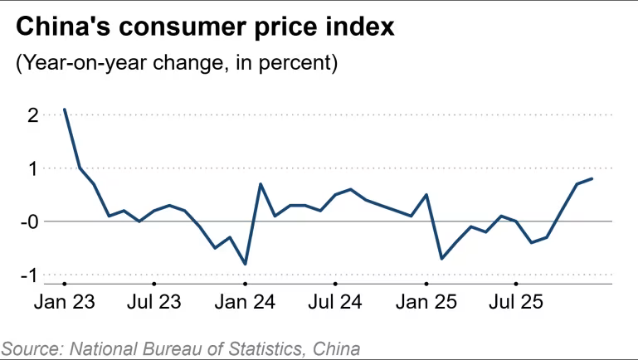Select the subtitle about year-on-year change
pos(177,63)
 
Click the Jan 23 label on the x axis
pos(64,303)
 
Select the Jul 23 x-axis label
pos(154,303)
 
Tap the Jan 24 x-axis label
pos(246,303)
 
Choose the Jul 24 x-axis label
pos(335,303)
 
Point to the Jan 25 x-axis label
pos(426,303)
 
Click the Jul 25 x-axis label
pos(516,303)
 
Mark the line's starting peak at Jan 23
pos(65,109)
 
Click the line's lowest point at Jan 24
pos(246,264)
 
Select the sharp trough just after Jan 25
pos(441,258)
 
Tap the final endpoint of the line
pos(592,178)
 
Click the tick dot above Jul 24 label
pos(335,284)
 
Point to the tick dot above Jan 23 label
pos(64,284)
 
